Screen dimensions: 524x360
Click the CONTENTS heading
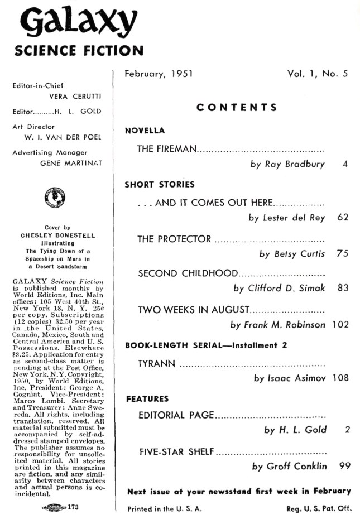point(237,107)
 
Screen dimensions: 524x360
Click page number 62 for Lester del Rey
point(343,218)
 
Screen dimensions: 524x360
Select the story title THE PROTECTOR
point(174,239)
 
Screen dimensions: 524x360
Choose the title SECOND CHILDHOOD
point(188,273)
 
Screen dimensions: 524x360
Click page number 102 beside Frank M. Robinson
point(339,324)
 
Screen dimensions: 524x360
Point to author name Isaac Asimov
point(290,378)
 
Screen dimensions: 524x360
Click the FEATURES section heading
point(147,398)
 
